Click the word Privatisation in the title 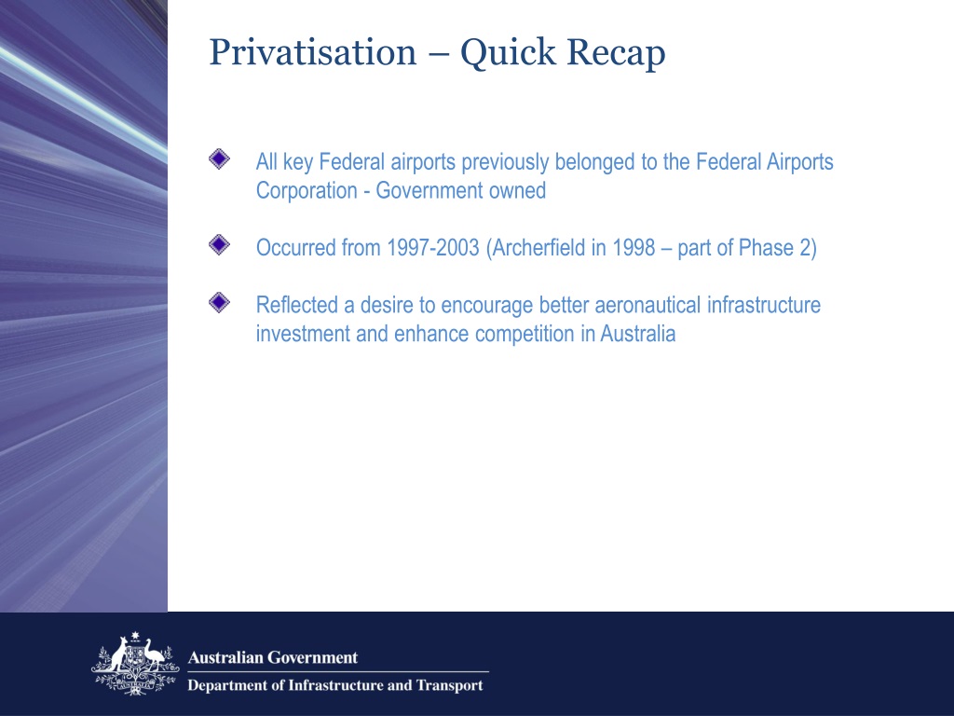[x=312, y=53]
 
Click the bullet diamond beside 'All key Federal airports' [x=218, y=159]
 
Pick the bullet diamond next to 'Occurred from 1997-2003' [x=218, y=245]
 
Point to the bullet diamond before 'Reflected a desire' [x=218, y=302]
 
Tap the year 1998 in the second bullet [x=634, y=249]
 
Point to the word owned [x=517, y=192]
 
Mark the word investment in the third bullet [x=303, y=334]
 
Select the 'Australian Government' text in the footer [x=273, y=657]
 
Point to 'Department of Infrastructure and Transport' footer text [x=335, y=686]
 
